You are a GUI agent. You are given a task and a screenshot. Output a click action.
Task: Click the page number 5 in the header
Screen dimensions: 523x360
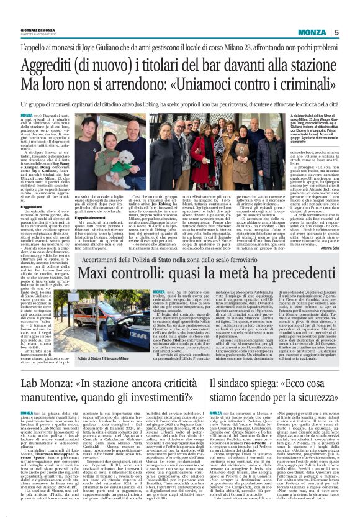[x=354, y=32]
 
